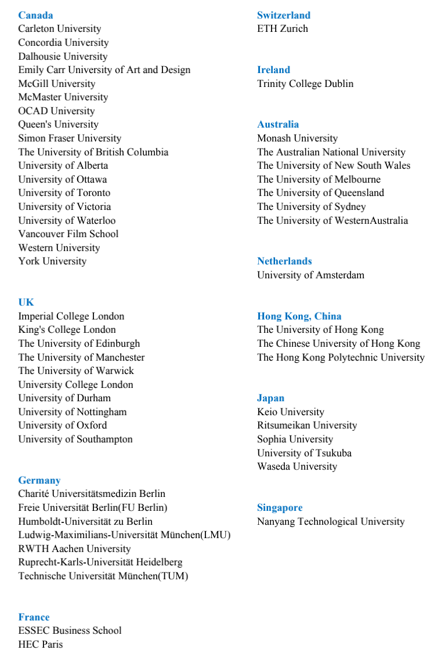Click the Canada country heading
35,15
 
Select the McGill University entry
56,83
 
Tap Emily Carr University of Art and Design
104,70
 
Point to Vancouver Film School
68,234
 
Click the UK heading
26,302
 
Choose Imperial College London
71,316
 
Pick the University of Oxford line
62,425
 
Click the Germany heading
39,480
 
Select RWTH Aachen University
74,549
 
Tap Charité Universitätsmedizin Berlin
92,493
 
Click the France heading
34,617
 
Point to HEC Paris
40,644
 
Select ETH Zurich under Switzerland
283,28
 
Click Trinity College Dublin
305,83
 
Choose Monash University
297,138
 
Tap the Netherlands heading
284,261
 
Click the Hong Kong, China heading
299,316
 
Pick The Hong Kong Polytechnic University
341,357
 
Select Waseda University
297,466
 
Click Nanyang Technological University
331,521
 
